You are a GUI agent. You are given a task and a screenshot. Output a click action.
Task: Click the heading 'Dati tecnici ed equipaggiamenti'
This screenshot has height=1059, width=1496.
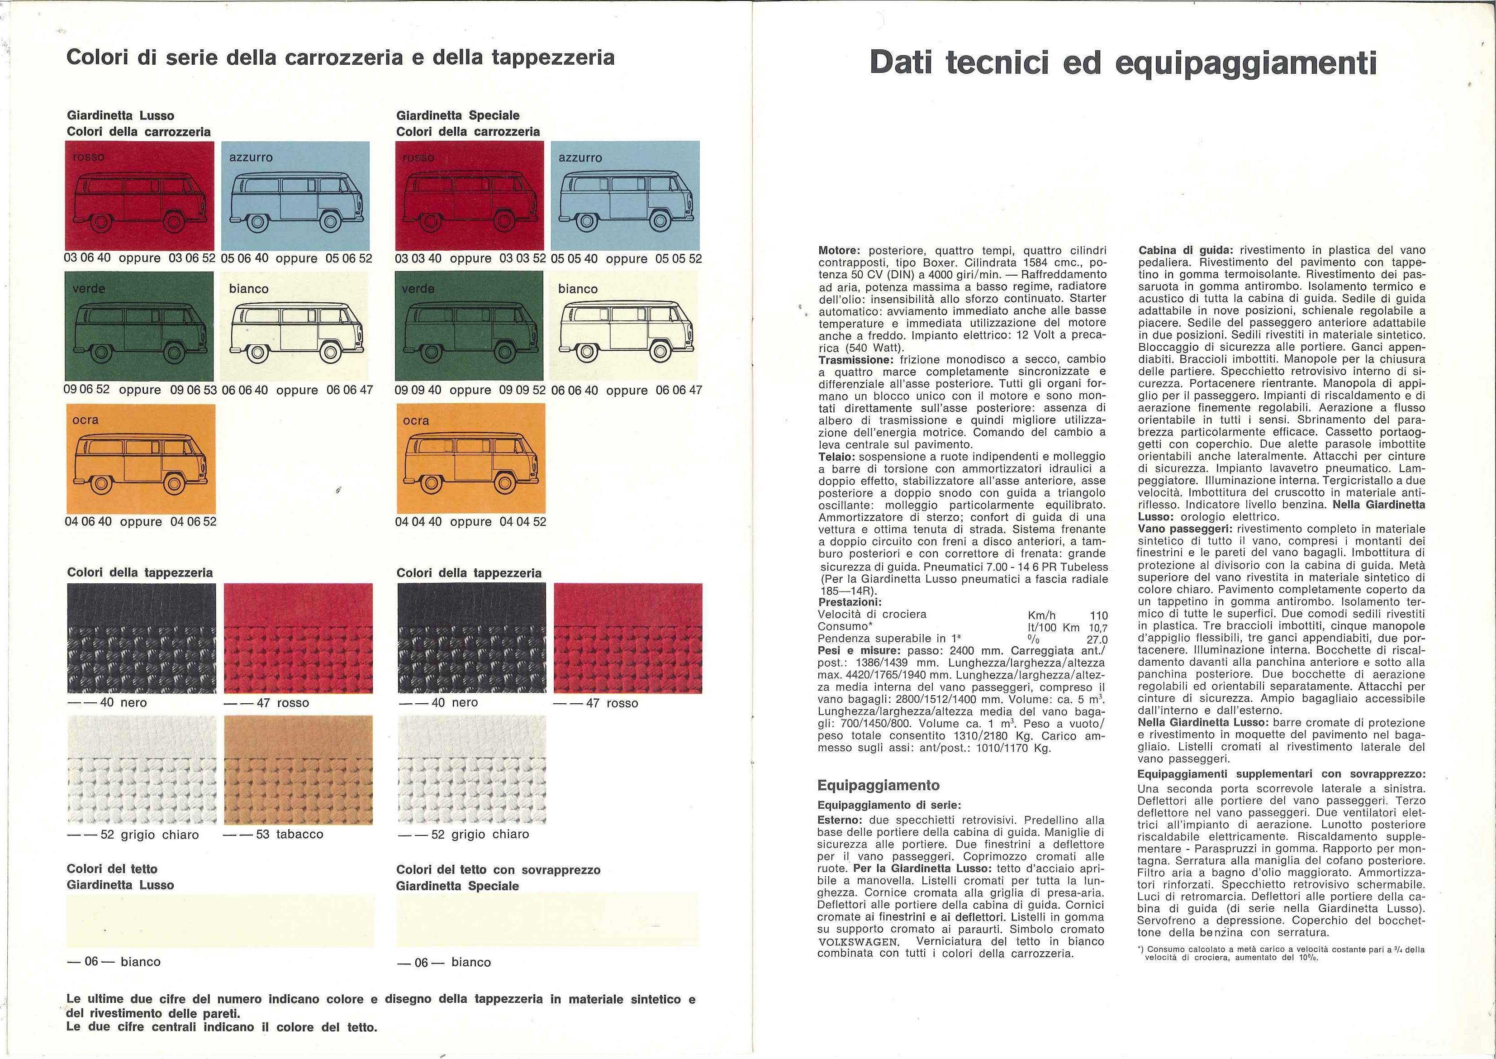(1123, 63)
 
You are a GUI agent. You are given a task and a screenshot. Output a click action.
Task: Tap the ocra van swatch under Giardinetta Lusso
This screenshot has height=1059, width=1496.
(140, 458)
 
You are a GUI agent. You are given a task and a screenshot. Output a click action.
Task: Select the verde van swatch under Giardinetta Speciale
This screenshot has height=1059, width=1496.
(469, 325)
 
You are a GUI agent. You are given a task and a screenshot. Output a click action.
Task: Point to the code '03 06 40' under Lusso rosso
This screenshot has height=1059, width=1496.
(87, 258)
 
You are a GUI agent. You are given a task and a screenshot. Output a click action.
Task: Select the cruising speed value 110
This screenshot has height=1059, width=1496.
(1098, 615)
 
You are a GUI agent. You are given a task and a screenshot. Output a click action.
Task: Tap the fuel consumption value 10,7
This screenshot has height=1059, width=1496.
(1098, 627)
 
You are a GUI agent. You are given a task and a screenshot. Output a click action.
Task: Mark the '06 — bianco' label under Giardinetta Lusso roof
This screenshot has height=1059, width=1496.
(114, 962)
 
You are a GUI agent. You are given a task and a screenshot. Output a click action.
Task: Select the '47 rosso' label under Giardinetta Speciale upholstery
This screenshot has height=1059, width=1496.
(595, 703)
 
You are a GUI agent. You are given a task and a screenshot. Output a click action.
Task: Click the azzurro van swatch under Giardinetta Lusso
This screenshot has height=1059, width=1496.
(295, 195)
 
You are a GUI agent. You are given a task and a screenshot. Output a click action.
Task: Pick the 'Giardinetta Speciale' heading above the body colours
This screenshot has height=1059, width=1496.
(458, 115)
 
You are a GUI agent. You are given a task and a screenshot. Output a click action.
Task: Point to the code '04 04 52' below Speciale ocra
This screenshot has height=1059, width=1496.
(523, 522)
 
